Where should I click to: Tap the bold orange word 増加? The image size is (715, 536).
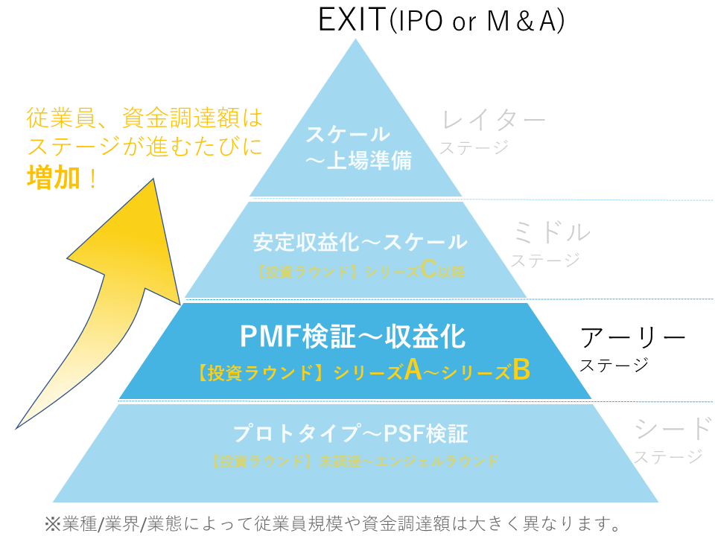click(53, 178)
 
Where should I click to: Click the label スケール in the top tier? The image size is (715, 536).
click(349, 135)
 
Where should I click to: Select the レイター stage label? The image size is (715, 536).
click(494, 119)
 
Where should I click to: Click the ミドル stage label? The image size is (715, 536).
click(551, 232)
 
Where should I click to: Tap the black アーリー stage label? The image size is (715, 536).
click(632, 338)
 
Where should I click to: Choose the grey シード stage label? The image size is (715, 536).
click(673, 428)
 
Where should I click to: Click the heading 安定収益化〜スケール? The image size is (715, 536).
click(360, 242)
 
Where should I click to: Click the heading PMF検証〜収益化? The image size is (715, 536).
click(353, 337)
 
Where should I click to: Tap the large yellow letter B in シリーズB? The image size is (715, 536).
click(521, 370)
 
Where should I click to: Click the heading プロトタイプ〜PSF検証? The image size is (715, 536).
click(350, 433)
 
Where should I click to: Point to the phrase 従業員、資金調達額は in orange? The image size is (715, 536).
click(144, 118)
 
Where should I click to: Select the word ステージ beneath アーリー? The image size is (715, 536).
click(614, 366)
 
